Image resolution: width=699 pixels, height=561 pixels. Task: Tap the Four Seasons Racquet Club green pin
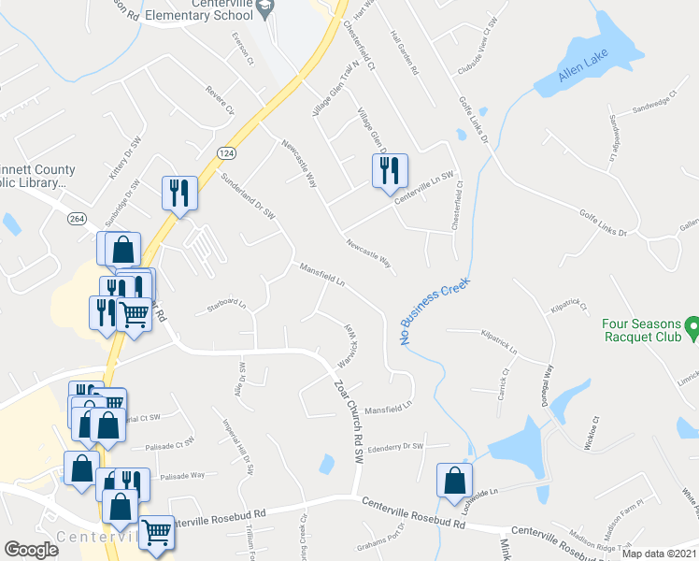(x=692, y=326)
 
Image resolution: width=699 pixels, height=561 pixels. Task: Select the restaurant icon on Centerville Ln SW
(x=389, y=171)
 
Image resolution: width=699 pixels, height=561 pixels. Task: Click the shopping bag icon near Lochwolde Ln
(x=453, y=481)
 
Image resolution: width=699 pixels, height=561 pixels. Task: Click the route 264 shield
(x=78, y=218)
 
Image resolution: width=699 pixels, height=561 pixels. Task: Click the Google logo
(x=30, y=549)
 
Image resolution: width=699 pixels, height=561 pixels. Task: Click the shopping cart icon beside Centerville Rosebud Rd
(x=154, y=532)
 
